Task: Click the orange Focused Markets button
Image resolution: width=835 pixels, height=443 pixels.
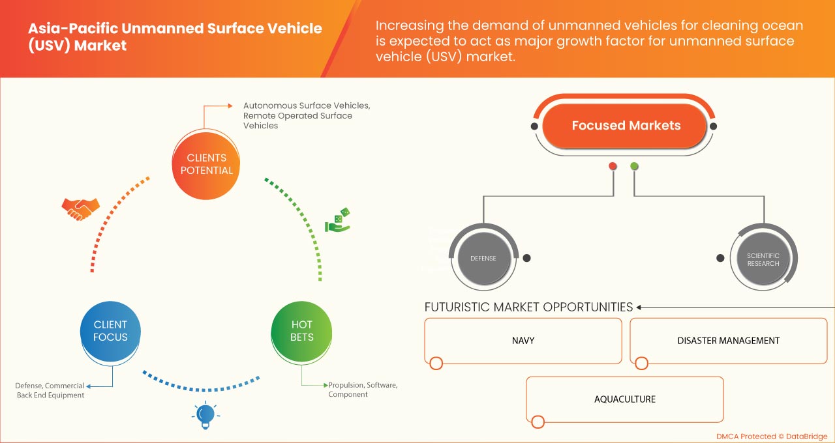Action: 625,126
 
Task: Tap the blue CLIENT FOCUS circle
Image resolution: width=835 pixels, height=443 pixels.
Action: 110,331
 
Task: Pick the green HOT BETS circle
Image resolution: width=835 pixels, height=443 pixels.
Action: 301,331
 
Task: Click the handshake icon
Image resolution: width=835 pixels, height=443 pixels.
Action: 80,208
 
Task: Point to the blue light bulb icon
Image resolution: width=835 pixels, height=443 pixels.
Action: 205,414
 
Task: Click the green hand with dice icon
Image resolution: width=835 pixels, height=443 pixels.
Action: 337,220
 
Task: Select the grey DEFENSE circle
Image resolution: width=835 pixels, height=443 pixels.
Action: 483,258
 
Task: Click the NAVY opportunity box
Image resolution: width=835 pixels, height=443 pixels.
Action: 523,341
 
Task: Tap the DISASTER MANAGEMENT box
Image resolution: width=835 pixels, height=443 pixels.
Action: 728,341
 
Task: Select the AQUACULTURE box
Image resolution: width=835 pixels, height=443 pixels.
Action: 624,399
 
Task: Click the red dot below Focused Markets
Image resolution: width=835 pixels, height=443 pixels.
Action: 613,166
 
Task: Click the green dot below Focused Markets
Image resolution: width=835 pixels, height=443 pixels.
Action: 634,166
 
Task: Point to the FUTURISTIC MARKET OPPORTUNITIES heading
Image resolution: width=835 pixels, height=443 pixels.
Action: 528,307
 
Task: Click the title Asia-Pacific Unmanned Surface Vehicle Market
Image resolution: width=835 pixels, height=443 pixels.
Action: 175,37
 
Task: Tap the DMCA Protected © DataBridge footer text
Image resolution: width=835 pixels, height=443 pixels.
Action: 771,436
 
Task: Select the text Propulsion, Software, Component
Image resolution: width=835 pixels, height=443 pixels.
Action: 362,390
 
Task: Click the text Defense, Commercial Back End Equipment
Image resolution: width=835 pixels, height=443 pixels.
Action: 50,390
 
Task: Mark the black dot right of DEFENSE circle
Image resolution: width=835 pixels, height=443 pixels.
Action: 526,258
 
